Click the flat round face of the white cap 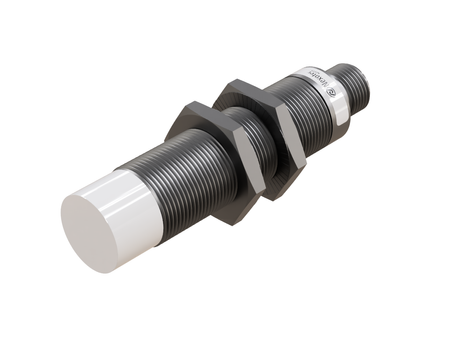coord(92,227)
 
